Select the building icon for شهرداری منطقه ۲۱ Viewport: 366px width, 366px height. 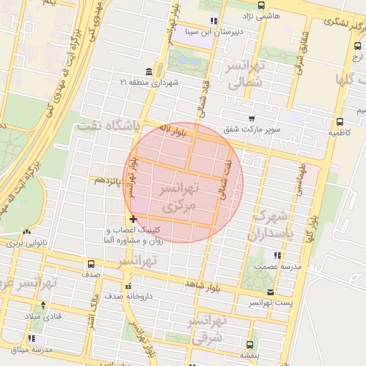click(x=148, y=71)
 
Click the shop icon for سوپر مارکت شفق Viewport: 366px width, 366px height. click(x=251, y=119)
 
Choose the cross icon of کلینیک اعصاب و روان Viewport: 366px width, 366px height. click(x=132, y=219)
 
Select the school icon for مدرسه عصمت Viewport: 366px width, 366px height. click(x=277, y=255)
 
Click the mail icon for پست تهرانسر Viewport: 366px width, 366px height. click(x=269, y=292)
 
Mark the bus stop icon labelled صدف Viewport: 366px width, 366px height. click(x=90, y=263)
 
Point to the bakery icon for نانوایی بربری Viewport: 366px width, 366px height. click(x=27, y=232)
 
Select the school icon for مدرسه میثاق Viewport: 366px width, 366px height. click(x=31, y=338)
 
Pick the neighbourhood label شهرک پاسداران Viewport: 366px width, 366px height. click(x=269, y=224)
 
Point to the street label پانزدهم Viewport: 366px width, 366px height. click(x=109, y=181)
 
